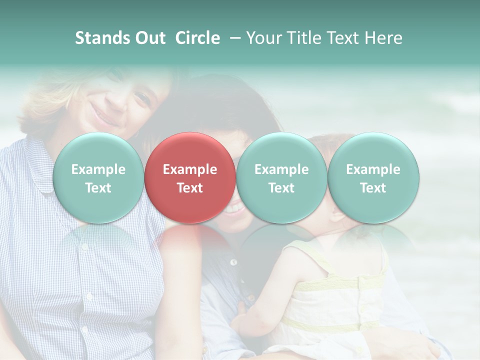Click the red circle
[189, 177]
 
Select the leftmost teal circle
[98, 177]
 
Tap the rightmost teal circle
[373, 177]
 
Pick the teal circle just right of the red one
[281, 177]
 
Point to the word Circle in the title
[197, 38]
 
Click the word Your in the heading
[263, 38]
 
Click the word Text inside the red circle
[189, 188]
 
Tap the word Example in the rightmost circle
[373, 169]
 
